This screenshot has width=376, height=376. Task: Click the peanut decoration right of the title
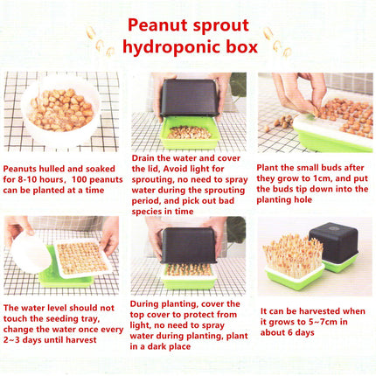tap(279, 41)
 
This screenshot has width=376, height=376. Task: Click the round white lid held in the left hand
tap(29, 254)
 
